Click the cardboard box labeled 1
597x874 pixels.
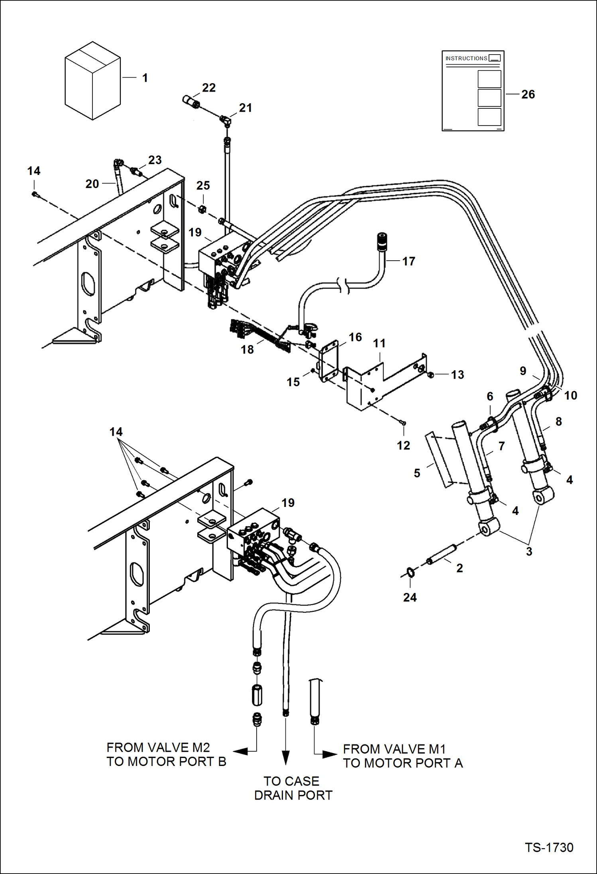[x=92, y=81]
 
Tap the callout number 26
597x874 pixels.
[x=528, y=94]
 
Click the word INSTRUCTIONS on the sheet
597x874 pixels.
[x=466, y=59]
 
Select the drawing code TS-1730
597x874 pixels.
[x=549, y=847]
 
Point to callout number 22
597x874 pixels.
[x=208, y=88]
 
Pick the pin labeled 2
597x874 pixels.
[x=441, y=554]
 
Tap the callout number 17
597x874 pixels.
[x=408, y=261]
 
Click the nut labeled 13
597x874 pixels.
[x=430, y=375]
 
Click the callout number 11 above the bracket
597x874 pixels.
[x=379, y=343]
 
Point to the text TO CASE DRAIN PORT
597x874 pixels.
[x=293, y=788]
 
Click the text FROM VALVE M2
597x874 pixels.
[x=158, y=747]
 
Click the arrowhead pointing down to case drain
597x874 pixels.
[x=285, y=757]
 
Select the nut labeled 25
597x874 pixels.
[x=202, y=208]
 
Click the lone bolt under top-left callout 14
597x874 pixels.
[x=34, y=194]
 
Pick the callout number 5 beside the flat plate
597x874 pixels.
[x=417, y=473]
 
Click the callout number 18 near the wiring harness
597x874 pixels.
[x=247, y=350]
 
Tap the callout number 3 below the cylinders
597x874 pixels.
[x=529, y=552]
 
